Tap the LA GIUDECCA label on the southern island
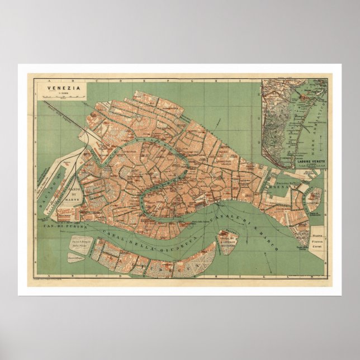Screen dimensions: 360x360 [x=157, y=263]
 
